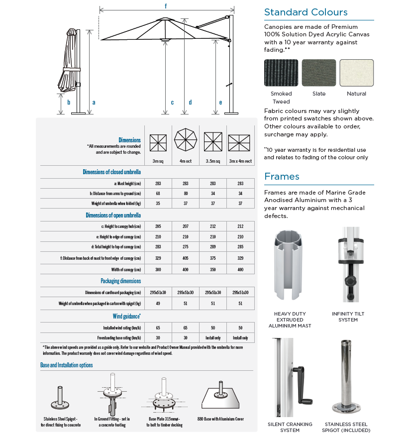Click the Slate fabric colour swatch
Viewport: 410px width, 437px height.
click(x=319, y=73)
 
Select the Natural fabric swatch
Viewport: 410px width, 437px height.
click(x=356, y=73)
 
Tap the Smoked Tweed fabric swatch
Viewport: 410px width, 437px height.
click(x=281, y=73)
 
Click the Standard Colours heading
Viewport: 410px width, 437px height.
click(x=306, y=12)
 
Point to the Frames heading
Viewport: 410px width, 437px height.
click(x=282, y=177)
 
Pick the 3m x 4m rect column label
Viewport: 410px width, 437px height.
click(x=240, y=161)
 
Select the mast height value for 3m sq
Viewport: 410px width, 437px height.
click(x=159, y=184)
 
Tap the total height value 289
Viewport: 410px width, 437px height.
click(x=213, y=246)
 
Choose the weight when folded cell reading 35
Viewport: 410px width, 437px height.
click(x=159, y=204)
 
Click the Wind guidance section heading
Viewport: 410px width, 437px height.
click(x=126, y=316)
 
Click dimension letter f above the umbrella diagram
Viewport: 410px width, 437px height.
click(x=166, y=6)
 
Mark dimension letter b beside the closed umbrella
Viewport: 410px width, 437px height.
click(x=69, y=102)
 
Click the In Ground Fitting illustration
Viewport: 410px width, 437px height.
click(x=112, y=396)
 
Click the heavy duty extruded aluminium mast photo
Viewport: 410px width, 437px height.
click(x=290, y=267)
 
